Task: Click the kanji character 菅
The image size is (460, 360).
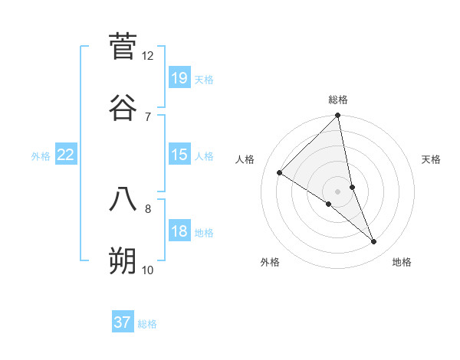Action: coord(123,45)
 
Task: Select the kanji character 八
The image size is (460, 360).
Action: coord(123,198)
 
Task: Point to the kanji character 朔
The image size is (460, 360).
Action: coord(123,260)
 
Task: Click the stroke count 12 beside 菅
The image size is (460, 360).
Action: coord(148,56)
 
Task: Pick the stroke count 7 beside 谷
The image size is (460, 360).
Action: coord(148,116)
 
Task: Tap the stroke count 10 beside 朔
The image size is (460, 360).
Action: coord(148,270)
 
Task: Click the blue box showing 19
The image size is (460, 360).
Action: coord(179,77)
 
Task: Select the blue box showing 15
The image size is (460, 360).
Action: coord(179,155)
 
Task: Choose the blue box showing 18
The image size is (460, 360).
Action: coord(179,231)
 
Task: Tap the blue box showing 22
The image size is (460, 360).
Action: coord(66,155)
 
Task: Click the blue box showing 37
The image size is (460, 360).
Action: coord(123,322)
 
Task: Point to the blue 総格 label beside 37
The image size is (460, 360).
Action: coord(147,324)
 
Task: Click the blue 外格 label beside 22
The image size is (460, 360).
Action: coord(41,156)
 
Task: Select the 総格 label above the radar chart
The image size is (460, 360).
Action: coord(338,100)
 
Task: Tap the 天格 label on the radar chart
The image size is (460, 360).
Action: coord(432,159)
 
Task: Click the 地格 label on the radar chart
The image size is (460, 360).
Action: coord(402,262)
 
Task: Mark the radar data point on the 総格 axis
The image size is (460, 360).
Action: coord(338,116)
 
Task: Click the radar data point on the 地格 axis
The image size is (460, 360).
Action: coord(374,242)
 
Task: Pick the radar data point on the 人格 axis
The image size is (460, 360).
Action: coord(280,172)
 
